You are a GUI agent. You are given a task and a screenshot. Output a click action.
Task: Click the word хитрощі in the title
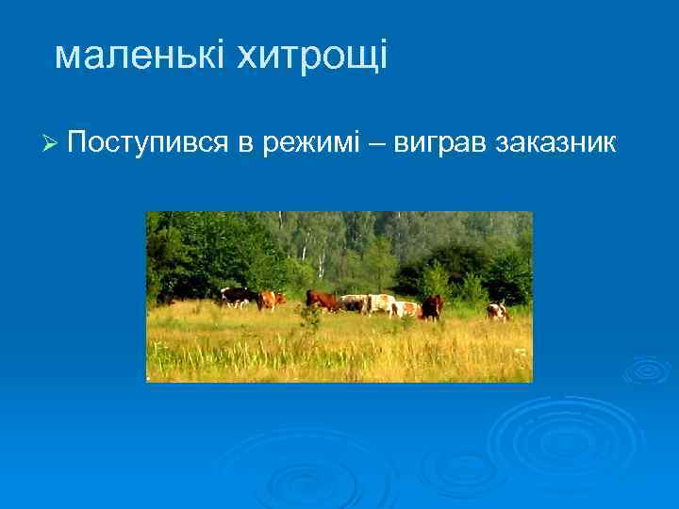[x=311, y=57]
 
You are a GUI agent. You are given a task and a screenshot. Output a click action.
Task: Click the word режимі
[x=314, y=143]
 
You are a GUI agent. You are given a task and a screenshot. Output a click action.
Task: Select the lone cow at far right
[x=497, y=311]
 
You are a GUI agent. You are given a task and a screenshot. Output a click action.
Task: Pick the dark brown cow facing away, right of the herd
[x=432, y=306]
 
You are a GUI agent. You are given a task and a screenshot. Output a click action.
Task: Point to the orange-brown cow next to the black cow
[x=272, y=299]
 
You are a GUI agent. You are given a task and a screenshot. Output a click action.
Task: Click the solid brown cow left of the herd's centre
[x=323, y=300]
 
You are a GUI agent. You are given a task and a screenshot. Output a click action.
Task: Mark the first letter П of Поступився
[x=76, y=143]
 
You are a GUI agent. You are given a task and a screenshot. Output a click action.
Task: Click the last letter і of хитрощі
[x=381, y=57]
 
